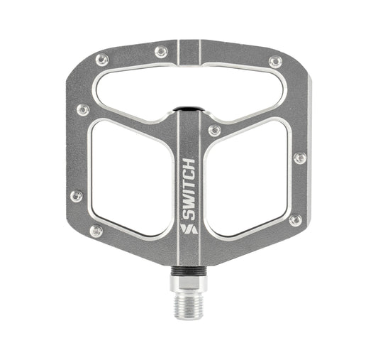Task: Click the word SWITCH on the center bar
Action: click(188, 191)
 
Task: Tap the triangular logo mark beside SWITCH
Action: click(188, 229)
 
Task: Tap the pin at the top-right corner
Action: click(274, 62)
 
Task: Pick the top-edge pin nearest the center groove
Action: click(162, 52)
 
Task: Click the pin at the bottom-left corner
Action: click(96, 231)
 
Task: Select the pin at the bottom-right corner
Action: click(296, 220)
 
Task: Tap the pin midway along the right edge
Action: click(300, 158)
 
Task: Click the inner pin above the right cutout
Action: click(214, 131)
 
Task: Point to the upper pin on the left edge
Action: click(83, 109)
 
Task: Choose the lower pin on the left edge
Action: click(76, 196)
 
